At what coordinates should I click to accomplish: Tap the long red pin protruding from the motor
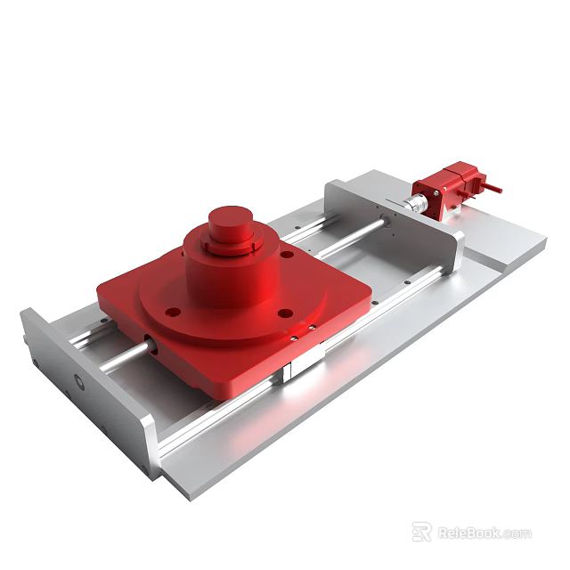492,188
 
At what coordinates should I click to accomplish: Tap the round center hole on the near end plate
78,382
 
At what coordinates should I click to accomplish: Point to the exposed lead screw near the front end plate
125,356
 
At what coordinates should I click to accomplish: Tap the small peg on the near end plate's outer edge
25,339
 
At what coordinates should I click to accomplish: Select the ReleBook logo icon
422,532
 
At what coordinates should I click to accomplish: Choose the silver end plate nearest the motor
392,223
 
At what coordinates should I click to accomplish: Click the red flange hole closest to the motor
287,255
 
